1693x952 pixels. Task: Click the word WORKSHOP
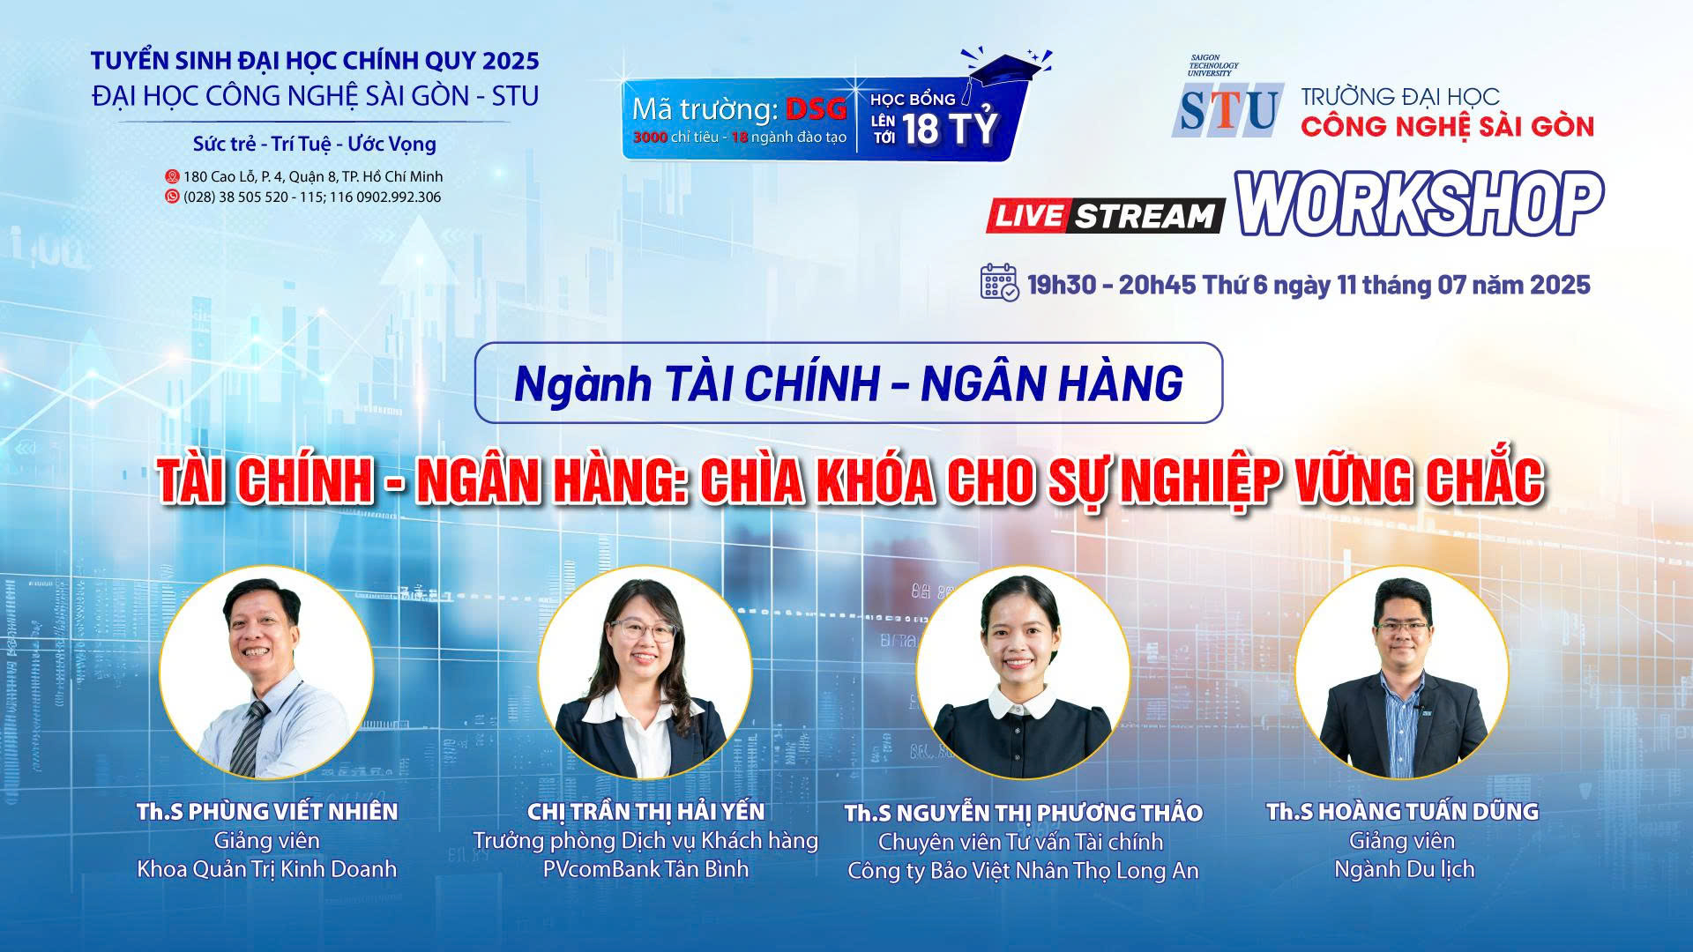click(x=1420, y=205)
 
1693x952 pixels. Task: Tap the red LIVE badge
click(x=1028, y=216)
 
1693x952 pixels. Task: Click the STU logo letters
click(x=1227, y=110)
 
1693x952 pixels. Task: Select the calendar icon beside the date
click(x=1000, y=282)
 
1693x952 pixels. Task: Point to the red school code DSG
click(x=817, y=109)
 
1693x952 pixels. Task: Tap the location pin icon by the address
click(x=173, y=176)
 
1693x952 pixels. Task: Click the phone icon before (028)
click(x=173, y=197)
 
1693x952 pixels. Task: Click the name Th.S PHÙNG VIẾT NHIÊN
click(x=267, y=811)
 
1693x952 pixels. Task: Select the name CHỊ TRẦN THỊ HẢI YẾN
click(x=645, y=811)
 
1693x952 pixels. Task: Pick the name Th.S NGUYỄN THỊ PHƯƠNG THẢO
click(x=1024, y=813)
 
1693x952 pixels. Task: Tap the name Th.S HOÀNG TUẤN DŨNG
click(x=1403, y=811)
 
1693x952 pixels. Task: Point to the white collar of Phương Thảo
click(x=1023, y=703)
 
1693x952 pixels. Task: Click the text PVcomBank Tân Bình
click(x=645, y=869)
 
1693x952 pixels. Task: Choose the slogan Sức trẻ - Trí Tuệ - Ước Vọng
click(x=315, y=144)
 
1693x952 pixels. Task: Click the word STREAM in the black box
click(x=1145, y=217)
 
